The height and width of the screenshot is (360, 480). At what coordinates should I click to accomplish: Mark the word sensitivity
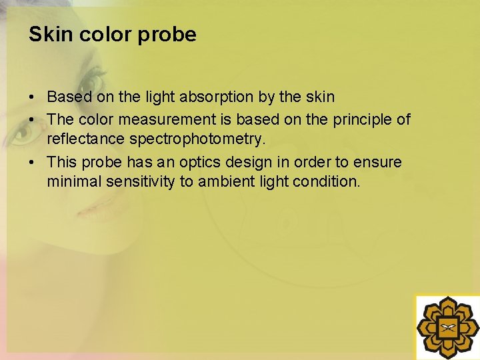pos(138,181)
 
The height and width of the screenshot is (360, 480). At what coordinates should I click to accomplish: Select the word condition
pos(325,181)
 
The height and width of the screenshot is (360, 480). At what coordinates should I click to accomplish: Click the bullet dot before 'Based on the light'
pos(32,97)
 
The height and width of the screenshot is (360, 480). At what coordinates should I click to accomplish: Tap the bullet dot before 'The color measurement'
pos(32,120)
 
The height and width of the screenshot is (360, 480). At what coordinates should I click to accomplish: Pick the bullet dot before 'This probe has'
pos(32,163)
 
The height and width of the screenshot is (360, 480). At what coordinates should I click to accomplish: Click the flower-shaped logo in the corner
pos(447,327)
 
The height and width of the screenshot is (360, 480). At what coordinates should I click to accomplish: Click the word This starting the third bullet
pos(63,163)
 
